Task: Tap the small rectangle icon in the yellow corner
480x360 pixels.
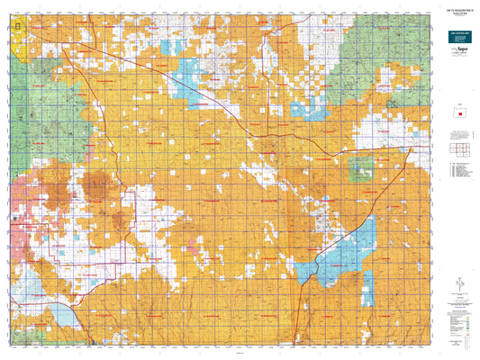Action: click(21, 28)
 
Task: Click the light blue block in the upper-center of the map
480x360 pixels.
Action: click(187, 75)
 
